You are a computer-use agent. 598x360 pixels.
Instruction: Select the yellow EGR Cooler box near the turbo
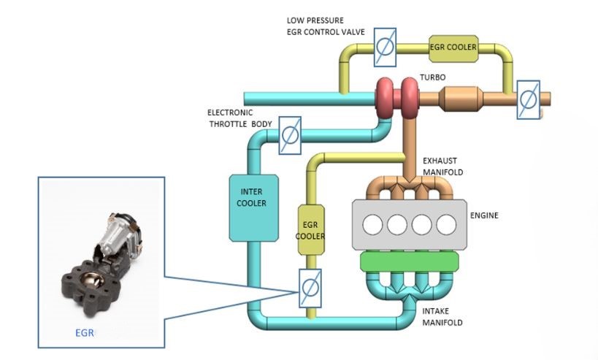coord(453,47)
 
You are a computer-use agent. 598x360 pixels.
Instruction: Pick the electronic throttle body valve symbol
coord(289,136)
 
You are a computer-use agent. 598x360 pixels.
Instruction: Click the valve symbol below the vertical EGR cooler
coord(310,288)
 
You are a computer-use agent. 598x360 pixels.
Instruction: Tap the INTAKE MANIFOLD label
coord(442,316)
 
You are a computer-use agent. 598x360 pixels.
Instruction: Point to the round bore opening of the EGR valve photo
coord(93,280)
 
